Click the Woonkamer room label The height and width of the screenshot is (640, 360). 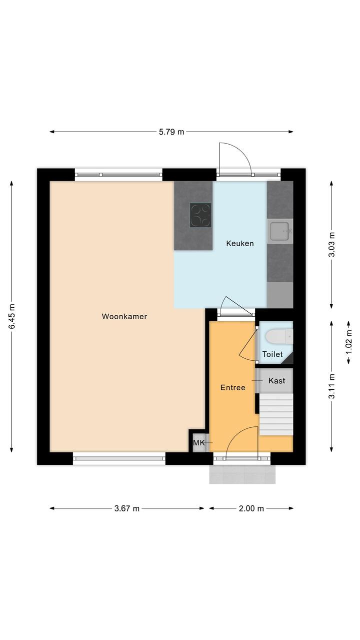click(124, 316)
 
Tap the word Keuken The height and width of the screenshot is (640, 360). click(240, 243)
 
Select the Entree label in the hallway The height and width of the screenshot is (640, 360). click(232, 387)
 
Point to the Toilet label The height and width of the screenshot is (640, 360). click(272, 354)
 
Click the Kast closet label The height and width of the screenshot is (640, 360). click(276, 381)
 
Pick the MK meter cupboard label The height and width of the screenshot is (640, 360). click(199, 443)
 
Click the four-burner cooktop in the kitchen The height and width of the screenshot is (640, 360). click(200, 215)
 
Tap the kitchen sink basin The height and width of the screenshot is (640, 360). click(280, 231)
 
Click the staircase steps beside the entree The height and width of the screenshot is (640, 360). click(276, 414)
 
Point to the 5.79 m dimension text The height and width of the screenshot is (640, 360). click(171, 132)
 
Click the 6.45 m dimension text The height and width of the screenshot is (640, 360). click(11, 316)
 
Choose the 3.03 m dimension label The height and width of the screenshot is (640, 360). click(331, 245)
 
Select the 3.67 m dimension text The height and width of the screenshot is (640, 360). click(127, 508)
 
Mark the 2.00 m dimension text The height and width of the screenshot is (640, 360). click(251, 508)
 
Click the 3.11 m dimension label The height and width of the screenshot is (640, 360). click(331, 386)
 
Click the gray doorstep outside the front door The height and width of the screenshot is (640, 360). click(242, 474)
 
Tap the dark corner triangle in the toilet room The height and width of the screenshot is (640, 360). click(288, 359)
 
